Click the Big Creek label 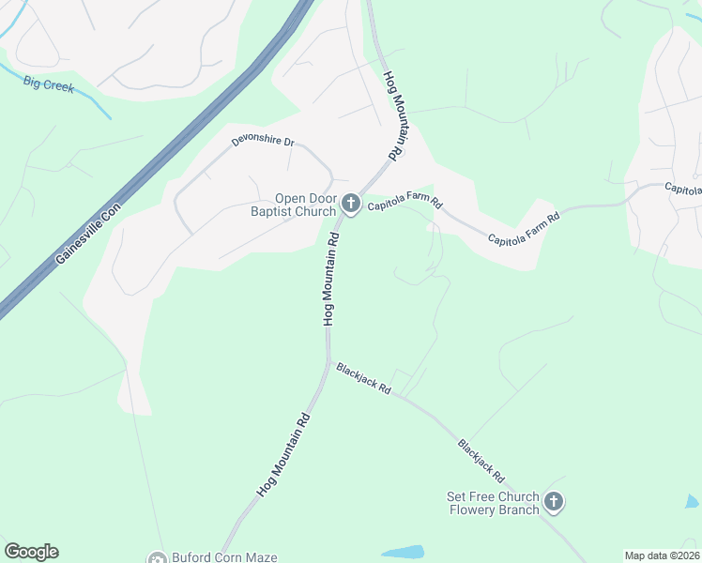(49, 84)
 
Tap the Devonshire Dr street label (264, 143)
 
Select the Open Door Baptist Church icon (351, 204)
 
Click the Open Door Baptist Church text (305, 205)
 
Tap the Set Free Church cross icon (554, 503)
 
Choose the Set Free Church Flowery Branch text (494, 503)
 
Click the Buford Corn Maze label (223, 557)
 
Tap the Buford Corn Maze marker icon (156, 557)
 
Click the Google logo (31, 552)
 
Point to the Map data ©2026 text (662, 555)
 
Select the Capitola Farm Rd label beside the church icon (404, 204)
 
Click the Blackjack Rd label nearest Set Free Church (481, 461)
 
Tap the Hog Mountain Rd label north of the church (397, 115)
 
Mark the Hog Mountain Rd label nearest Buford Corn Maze (283, 454)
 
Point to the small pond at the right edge (693, 502)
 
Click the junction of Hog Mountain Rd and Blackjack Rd (329, 360)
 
